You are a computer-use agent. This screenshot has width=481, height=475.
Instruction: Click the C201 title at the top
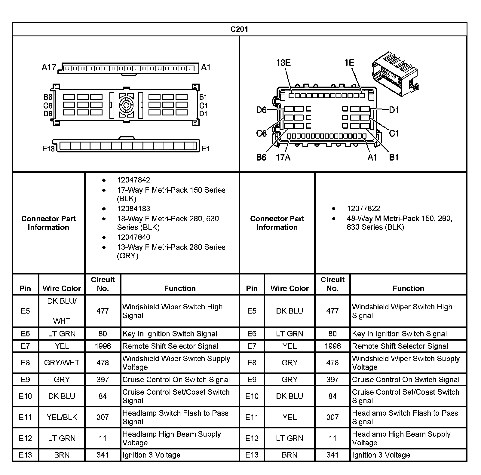coord(239,29)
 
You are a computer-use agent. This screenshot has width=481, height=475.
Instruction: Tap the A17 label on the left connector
coord(48,67)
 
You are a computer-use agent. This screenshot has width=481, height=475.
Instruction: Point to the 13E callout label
coord(283,63)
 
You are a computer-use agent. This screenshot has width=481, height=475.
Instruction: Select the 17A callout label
coord(283,157)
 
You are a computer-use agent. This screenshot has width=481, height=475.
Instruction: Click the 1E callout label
coord(349,63)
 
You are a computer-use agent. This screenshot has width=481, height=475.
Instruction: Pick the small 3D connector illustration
coord(395,73)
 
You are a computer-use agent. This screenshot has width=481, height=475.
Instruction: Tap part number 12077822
coord(363,208)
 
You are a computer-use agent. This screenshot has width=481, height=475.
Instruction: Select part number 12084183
coord(133,209)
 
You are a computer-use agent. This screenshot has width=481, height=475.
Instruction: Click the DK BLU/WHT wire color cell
coord(62,311)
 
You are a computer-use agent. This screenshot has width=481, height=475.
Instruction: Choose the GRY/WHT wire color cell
coord(62,363)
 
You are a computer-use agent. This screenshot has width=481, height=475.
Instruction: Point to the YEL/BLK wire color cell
coord(62,417)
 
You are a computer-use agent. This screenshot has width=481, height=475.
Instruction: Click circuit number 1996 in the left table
coord(103,346)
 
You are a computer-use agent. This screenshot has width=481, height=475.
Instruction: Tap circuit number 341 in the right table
coord(332,455)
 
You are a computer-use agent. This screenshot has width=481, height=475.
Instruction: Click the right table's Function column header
coord(408,288)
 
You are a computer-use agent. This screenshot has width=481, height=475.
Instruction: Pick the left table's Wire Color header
coord(62,288)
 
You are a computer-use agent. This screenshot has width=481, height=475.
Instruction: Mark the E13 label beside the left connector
coord(48,149)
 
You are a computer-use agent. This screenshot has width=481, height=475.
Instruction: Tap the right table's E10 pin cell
coord(252,396)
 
